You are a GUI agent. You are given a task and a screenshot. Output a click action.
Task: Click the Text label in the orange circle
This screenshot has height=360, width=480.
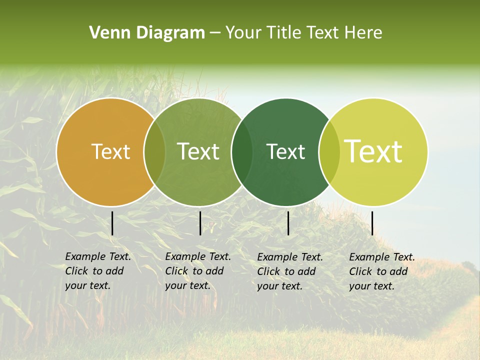tap(110, 151)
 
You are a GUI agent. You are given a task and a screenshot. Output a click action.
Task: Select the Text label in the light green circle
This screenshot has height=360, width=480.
tap(198, 151)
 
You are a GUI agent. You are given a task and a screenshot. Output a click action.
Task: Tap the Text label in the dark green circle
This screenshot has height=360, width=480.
tap(286, 151)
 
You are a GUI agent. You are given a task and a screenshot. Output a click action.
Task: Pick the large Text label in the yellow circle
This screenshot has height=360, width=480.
tap(373, 151)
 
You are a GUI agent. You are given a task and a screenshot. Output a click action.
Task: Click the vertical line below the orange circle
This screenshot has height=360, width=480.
tap(112, 223)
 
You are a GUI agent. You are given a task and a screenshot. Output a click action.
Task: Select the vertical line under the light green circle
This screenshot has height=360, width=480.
tap(200, 223)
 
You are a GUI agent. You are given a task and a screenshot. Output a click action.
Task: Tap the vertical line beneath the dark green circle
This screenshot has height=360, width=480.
tap(288, 223)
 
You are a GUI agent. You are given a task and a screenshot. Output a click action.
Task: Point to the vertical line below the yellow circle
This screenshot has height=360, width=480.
tap(372, 223)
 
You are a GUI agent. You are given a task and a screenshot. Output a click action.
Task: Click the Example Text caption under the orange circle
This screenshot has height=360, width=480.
tap(98, 256)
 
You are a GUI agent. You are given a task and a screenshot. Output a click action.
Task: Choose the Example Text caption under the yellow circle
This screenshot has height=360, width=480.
tap(382, 257)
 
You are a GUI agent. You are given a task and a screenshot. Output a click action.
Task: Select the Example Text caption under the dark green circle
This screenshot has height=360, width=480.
tap(290, 257)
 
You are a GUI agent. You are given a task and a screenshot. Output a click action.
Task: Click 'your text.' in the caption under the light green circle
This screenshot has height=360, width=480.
tap(187, 285)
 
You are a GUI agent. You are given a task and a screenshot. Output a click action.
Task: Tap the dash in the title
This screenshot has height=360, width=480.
tap(215, 33)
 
